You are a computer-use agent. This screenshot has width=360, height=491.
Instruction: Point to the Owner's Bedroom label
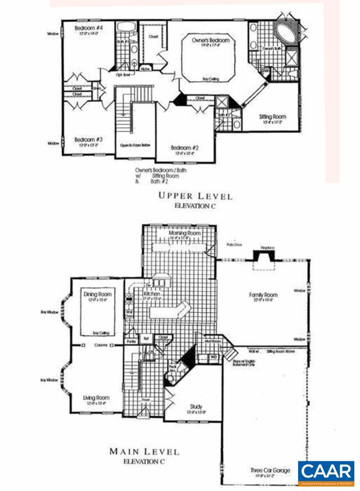coord(211,41)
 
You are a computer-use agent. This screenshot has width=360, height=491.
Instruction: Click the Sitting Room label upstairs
coord(272,117)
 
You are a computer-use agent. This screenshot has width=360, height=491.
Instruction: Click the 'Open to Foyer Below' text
coord(133,145)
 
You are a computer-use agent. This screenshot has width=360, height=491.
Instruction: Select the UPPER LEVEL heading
coord(195,196)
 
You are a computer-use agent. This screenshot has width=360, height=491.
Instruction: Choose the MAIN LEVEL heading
coord(144,451)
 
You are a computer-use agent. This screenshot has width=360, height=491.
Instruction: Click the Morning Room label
coord(184,232)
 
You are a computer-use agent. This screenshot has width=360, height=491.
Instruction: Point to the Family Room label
coord(264,295)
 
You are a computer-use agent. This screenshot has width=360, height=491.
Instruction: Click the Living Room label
coord(96,398)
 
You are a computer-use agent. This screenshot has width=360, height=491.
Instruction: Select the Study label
coord(196,407)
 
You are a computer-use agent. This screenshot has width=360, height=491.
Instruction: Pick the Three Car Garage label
coord(271,469)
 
